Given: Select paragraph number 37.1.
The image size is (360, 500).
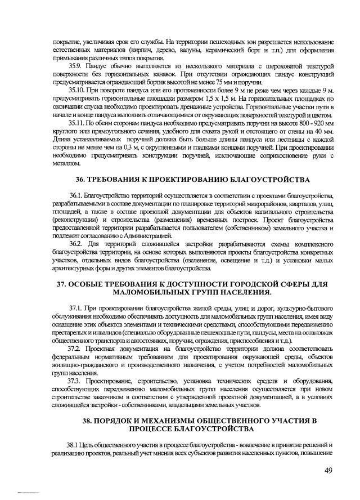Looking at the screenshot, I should point(76,309).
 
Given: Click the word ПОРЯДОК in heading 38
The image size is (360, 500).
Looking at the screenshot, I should point(116,421).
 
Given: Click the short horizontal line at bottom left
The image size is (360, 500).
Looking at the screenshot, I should point(28,492).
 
